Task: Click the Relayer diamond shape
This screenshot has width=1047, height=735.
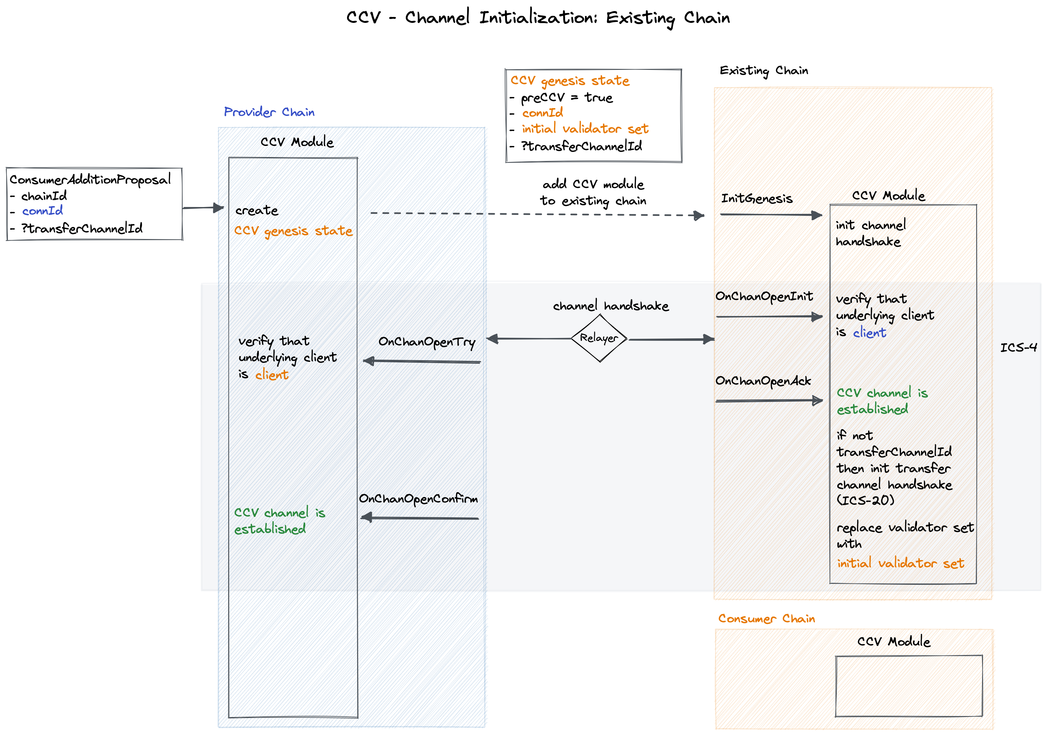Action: coord(599,338)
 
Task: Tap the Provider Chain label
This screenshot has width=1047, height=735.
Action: coord(269,112)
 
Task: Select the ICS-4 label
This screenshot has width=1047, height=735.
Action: coord(1018,348)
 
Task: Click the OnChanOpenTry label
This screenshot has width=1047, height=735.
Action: coord(427,342)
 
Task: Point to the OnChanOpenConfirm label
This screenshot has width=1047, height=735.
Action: coord(418,499)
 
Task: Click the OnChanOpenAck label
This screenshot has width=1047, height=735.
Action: coord(763,381)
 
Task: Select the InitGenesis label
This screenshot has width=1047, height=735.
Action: coord(756,199)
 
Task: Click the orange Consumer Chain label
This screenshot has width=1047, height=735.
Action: coord(766,619)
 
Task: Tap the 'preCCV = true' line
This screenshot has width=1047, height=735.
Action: coord(566,98)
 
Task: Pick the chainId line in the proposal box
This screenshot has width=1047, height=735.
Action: coord(44,196)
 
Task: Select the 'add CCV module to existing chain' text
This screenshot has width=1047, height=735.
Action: coord(593,192)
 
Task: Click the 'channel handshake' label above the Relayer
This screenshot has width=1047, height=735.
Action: coord(611,306)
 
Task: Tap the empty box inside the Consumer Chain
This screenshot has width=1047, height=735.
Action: coord(908,686)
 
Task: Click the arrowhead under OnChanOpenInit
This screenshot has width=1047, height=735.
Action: coord(817,317)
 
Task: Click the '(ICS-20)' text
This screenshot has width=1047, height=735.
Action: coord(865,500)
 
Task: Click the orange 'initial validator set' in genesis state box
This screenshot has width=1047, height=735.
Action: coord(585,129)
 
